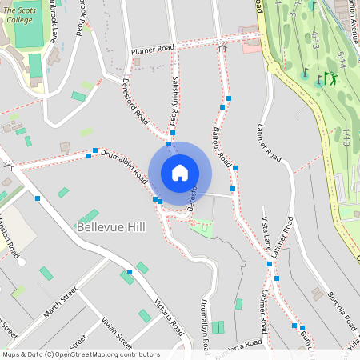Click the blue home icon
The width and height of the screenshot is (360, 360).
click(x=180, y=172)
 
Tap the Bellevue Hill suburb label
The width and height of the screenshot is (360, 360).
click(x=111, y=227)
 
